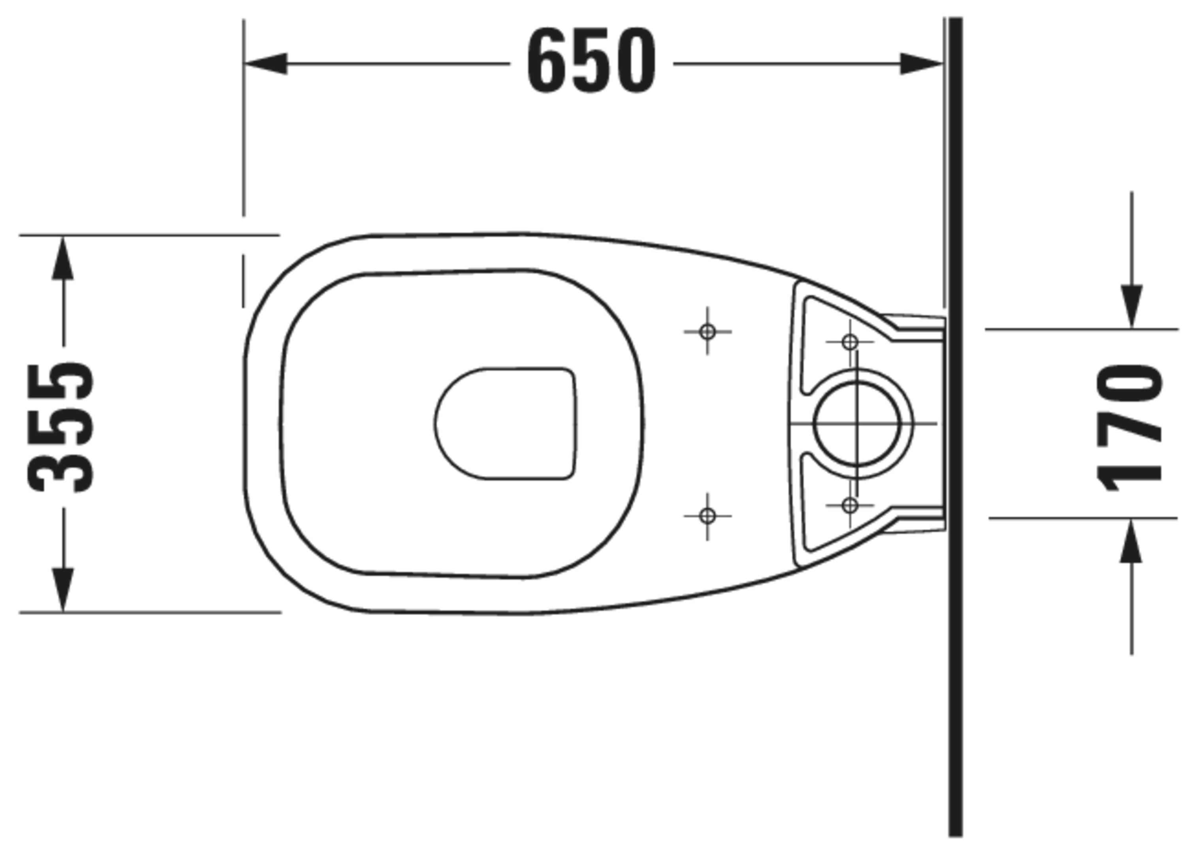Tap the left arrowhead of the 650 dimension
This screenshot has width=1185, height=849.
266,64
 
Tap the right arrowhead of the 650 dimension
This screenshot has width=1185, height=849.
921,64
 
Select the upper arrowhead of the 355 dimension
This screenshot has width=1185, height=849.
63,258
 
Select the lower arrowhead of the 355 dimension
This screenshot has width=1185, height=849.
63,589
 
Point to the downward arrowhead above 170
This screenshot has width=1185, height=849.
1132,307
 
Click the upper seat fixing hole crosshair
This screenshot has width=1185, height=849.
707,331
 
